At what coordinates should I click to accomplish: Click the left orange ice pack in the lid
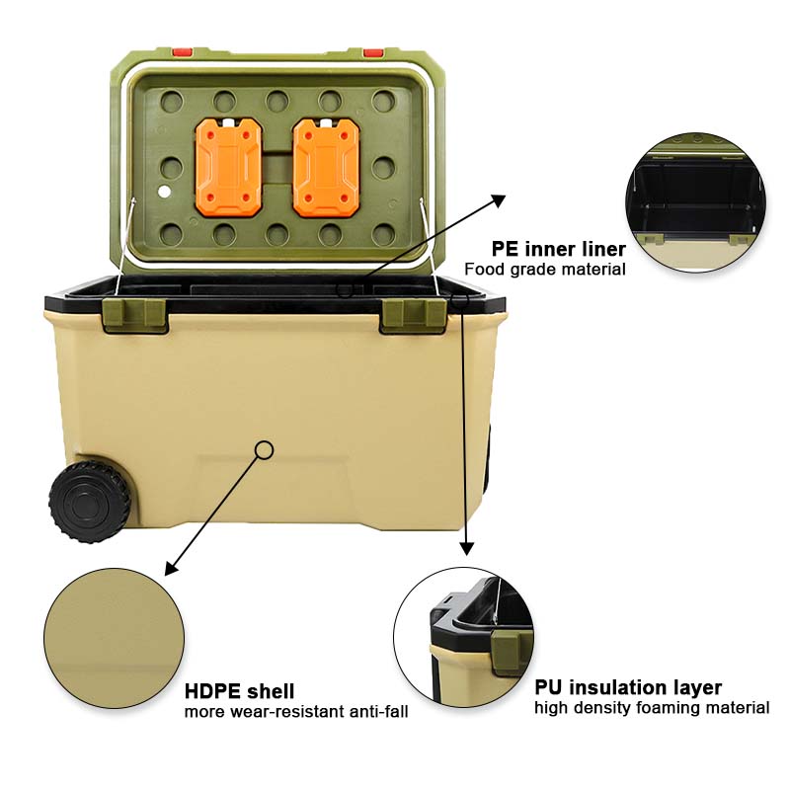point(228,167)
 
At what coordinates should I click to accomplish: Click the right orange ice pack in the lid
point(326,167)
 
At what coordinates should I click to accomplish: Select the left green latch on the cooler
point(133,314)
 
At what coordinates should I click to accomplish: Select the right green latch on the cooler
point(414,314)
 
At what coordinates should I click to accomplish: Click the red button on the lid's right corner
point(372,52)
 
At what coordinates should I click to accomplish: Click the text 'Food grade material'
point(544,270)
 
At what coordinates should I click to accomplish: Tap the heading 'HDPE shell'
point(240,691)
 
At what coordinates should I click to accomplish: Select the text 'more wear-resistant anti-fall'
point(296,712)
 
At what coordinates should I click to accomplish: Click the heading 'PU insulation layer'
point(628,687)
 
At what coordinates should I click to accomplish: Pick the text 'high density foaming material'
point(652,708)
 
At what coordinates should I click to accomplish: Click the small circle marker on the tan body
point(264,450)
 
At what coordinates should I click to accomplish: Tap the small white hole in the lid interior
point(165,191)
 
